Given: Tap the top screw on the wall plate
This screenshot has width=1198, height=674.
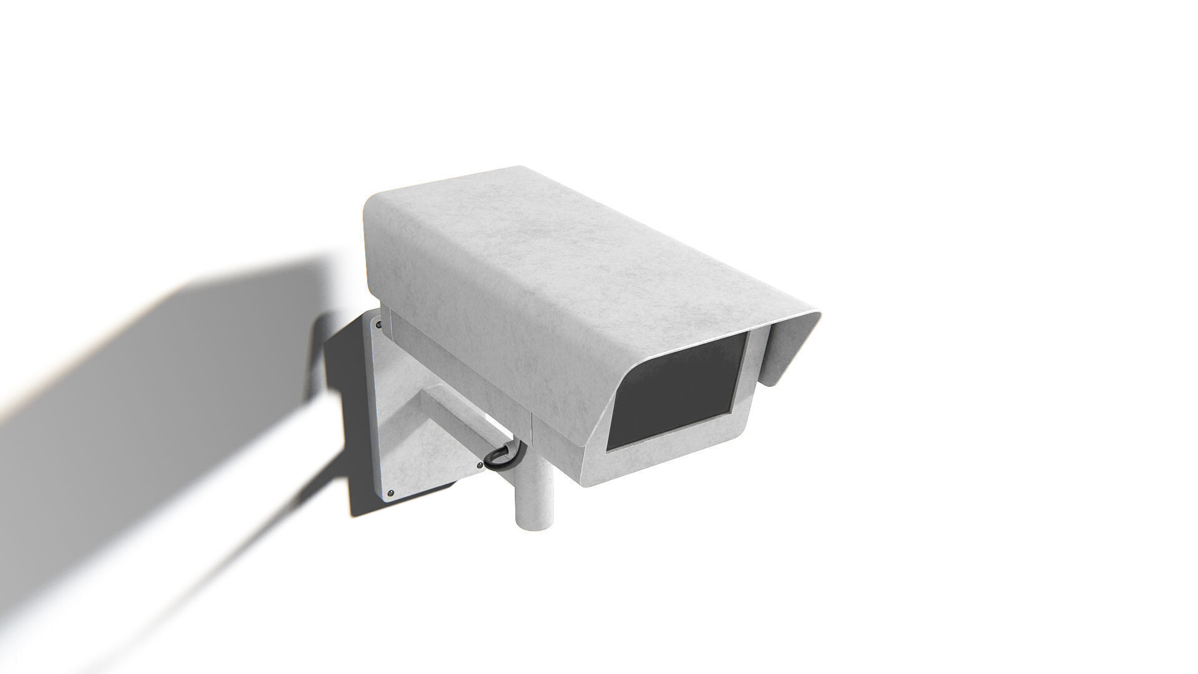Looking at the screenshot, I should pyautogui.click(x=378, y=324).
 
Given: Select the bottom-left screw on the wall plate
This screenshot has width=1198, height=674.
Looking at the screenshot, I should pyautogui.click(x=391, y=493).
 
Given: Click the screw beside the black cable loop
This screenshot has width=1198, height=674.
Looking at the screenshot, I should pyautogui.click(x=479, y=465).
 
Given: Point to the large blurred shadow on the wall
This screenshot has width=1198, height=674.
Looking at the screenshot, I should pyautogui.click(x=156, y=406).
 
